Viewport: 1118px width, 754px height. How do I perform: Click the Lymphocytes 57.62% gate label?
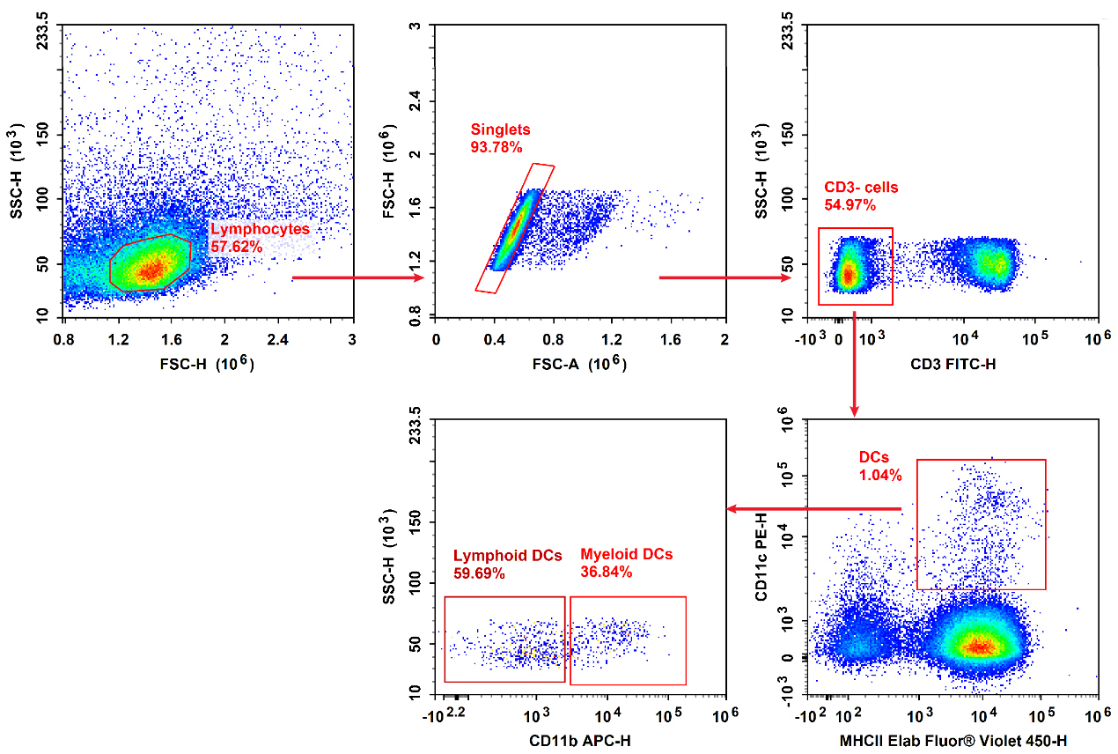pos(260,238)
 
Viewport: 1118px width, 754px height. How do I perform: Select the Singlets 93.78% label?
pos(500,137)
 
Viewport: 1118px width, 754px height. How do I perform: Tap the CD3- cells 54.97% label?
pos(862,196)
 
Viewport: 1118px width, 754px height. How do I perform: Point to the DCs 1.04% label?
pos(880,466)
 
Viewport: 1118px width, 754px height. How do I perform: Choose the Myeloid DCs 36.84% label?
pos(626,563)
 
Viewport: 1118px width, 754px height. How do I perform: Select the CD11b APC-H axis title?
pos(580,740)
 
